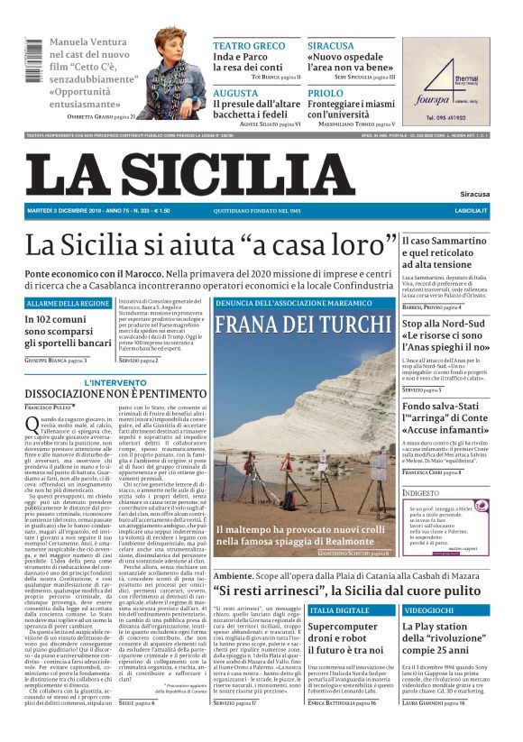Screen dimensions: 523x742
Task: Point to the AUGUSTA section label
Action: click(235, 93)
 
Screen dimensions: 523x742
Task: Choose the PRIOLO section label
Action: click(326, 93)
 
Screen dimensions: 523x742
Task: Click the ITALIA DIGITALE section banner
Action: click(339, 610)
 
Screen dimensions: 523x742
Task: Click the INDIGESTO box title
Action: click(420, 493)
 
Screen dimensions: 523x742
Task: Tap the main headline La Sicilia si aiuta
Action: click(211, 244)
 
